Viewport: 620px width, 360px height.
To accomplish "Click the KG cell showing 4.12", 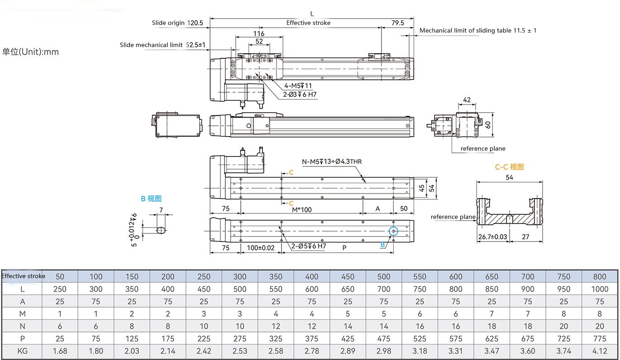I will pos(600,351).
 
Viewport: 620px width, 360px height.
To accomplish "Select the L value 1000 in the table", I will pos(600,289).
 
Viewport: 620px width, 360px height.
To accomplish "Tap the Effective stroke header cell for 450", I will pos(348,276).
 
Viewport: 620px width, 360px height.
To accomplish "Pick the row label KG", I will pos(22,351).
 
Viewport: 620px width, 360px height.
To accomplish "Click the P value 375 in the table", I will pos(312,338).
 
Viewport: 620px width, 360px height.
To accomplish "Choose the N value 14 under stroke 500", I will pos(384,326).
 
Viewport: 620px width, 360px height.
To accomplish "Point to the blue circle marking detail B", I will pos(393,231).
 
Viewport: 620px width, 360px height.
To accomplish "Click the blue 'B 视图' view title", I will pos(151,199).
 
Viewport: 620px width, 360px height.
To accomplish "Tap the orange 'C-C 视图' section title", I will pos(509,167).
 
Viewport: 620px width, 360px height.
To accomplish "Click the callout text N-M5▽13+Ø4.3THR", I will pos(332,161).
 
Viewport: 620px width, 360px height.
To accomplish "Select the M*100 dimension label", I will pos(301,209).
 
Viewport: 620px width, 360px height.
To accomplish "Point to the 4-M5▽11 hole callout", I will pos(298,85).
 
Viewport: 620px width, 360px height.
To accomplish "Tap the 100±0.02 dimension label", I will pos(261,248).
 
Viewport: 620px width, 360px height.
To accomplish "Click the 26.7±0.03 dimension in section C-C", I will pos(492,236).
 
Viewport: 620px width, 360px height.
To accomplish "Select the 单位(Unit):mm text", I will pos(30,52).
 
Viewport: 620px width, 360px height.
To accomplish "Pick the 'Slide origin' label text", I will pos(168,23).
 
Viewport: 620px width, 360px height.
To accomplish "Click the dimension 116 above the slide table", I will pos(258,34).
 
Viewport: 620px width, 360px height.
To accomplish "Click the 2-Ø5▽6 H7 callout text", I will pos(309,246).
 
